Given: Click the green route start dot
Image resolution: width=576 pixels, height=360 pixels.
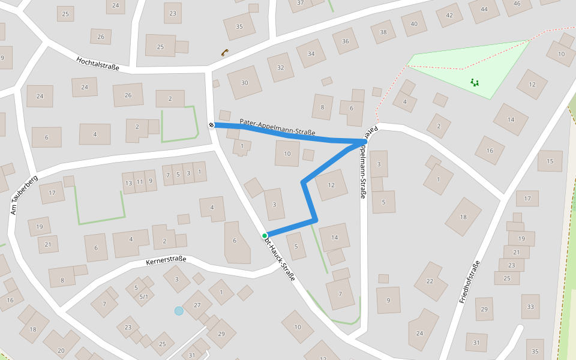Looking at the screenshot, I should coord(265,236).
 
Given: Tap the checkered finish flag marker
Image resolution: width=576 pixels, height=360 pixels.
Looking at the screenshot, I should coord(212,125).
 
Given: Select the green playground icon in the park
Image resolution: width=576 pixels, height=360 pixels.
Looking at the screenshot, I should coord(475,82).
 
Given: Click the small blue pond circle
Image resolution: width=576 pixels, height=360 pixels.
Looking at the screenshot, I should coord(179,311).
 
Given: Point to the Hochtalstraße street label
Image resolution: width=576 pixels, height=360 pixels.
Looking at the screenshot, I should coord(98,64).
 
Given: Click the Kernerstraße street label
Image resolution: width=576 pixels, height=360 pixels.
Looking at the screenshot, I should coord(166,261).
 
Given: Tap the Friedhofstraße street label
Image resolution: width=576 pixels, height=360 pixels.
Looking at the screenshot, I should coord(470,281).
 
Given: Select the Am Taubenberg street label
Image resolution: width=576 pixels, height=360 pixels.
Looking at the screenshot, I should coord(24,195).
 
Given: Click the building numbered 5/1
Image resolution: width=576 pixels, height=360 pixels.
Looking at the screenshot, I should coord(143,296).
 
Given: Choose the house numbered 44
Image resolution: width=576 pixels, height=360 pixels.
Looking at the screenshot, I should coord(484,10).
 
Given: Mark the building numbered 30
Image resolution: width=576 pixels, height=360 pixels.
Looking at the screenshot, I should coord(244,82).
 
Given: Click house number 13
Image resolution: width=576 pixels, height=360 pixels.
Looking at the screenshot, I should coord(128,182).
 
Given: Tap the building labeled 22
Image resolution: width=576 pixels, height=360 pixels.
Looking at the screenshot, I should coord(429,281).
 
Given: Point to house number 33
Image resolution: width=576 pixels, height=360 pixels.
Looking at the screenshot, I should coord(530,307).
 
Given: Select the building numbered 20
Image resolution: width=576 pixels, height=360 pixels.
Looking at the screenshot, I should coord(61,350).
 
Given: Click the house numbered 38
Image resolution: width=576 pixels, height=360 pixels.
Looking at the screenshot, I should coord(383,32).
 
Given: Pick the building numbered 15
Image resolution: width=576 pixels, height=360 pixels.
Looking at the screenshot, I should coord(550,161).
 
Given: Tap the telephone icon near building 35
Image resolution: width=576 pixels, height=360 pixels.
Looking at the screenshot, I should coord(224,52).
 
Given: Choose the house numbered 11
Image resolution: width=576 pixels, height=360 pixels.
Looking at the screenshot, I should coord(139,181).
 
